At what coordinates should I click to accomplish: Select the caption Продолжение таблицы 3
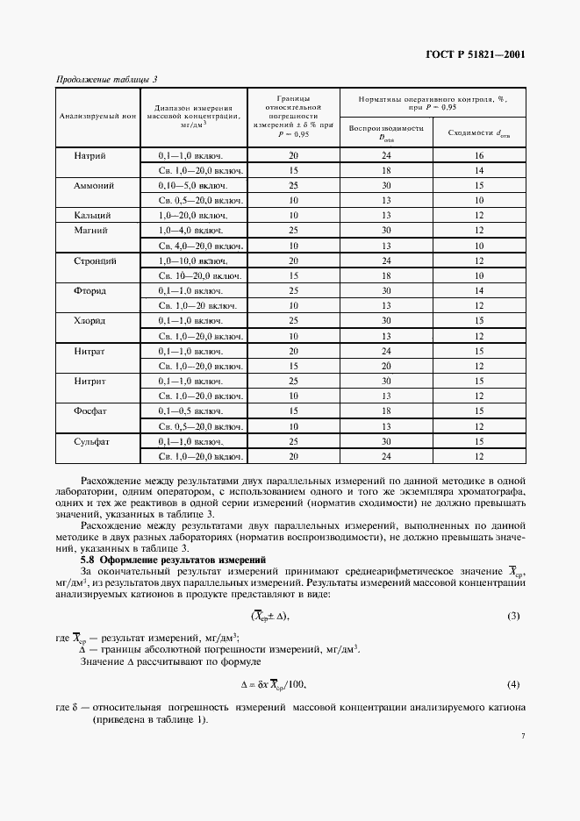pos(107,80)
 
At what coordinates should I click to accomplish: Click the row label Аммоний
pos(92,185)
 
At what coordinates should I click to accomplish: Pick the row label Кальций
pos(92,215)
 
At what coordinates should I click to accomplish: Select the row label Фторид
pos(92,290)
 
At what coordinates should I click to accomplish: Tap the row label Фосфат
pos(92,410)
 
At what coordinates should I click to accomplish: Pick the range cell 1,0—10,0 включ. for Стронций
pos(195,261)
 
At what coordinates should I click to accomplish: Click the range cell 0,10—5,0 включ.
pos(195,185)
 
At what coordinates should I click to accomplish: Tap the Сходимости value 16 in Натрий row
pos(479,155)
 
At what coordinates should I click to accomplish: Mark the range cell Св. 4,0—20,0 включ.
pos(200,245)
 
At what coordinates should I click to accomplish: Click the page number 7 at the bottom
pos(522,738)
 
